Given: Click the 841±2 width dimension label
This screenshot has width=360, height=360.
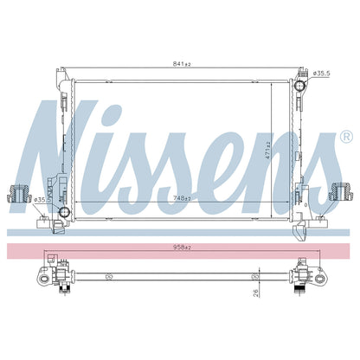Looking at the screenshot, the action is pyautogui.click(x=182, y=64).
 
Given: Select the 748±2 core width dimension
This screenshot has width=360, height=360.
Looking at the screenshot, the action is pyautogui.click(x=182, y=198).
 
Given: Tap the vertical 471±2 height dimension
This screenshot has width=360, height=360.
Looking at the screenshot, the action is pyautogui.click(x=267, y=151).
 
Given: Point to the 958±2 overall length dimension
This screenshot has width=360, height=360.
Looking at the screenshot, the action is pyautogui.click(x=182, y=247).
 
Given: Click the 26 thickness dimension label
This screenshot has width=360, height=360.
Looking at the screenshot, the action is pyautogui.click(x=255, y=293).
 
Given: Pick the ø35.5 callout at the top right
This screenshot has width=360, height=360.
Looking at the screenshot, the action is pyautogui.click(x=321, y=74).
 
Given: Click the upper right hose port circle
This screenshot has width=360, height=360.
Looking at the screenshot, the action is pyautogui.click(x=299, y=85).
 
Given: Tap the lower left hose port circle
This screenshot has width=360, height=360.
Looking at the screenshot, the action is pyautogui.click(x=64, y=212).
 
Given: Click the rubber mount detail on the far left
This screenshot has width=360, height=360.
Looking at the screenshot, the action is pyautogui.click(x=19, y=193).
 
